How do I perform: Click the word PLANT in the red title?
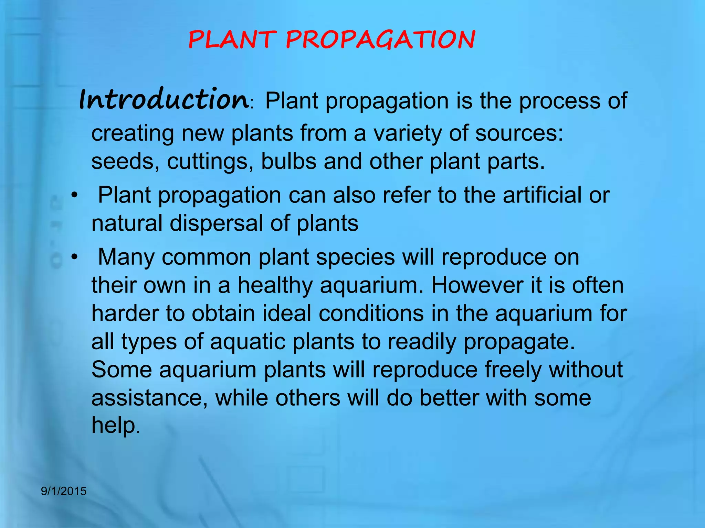pos(232,40)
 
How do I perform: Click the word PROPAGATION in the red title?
pos(380,40)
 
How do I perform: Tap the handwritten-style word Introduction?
pos(164,100)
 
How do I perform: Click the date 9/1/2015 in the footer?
pos(64,491)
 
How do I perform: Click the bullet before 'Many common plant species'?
pos(74,257)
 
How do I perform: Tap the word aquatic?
pos(248,342)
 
